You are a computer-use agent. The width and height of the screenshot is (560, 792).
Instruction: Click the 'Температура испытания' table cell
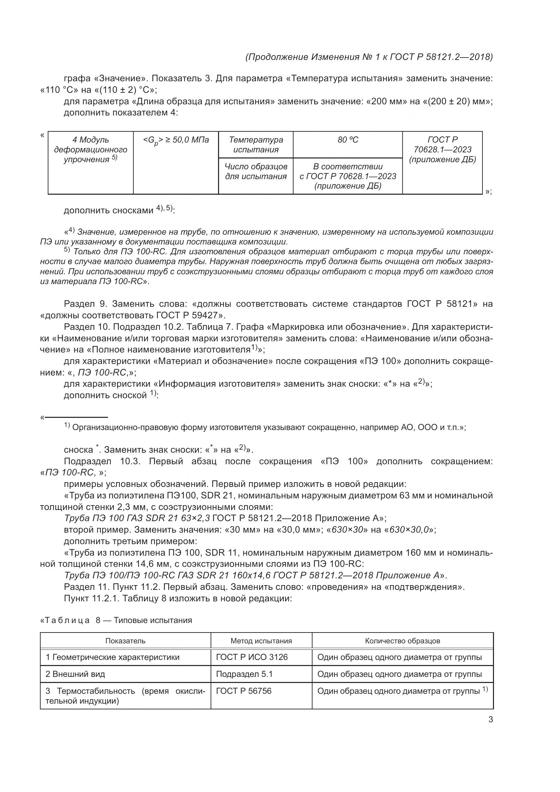(256, 145)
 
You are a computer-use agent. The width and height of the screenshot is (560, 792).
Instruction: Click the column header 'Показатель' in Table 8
(125, 641)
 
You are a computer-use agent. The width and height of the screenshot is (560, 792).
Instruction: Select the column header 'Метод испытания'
(261, 641)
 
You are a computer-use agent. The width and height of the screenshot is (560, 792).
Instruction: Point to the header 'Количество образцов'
(403, 641)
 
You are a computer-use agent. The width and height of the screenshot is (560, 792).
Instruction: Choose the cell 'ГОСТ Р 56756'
(244, 691)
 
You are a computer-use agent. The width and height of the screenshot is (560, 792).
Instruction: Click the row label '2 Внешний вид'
(75, 674)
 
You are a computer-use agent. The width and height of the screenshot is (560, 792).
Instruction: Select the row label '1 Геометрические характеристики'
(112, 657)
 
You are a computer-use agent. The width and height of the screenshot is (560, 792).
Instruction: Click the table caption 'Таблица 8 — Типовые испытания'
(116, 621)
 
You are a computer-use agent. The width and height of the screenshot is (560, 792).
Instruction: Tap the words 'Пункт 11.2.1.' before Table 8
(91, 598)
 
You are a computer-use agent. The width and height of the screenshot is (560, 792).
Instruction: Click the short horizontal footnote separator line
(76, 418)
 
